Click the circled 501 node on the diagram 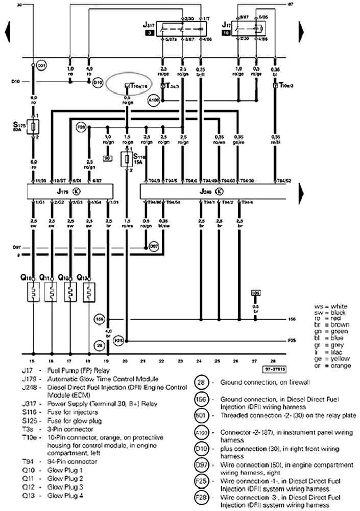click(x=42, y=65)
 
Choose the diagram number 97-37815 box click(x=275, y=368)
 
